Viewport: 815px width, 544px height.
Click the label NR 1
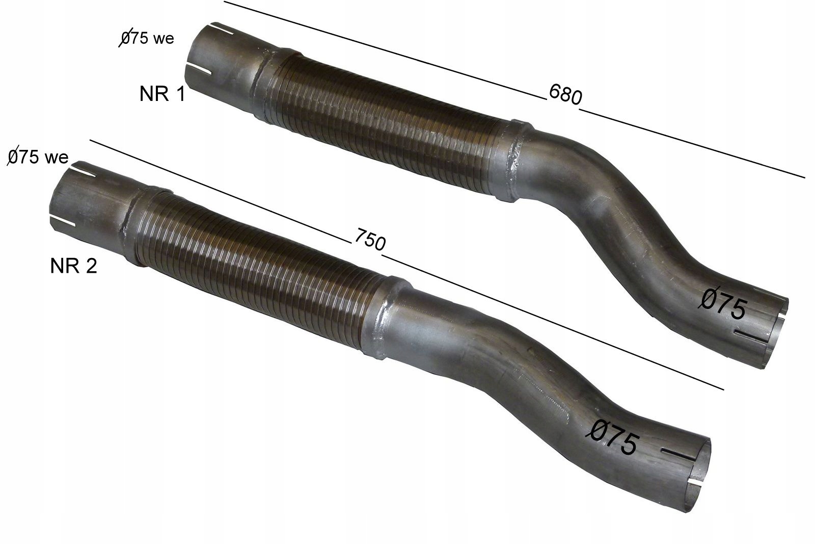pyautogui.click(x=162, y=94)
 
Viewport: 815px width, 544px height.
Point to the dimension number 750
pyautogui.click(x=369, y=240)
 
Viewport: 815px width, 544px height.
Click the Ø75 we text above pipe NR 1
pyautogui.click(x=147, y=38)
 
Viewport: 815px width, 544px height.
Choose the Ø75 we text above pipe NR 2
pyautogui.click(x=38, y=157)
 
